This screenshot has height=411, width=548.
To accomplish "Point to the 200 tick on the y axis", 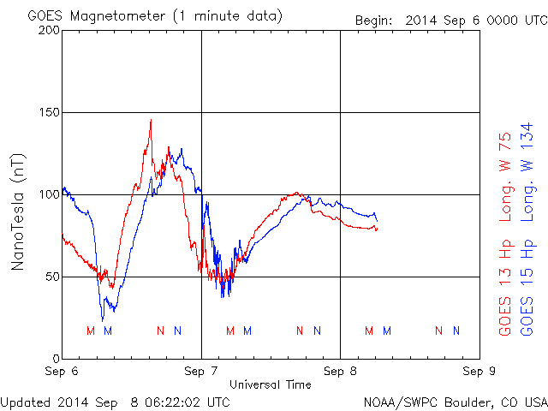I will [x=48, y=30].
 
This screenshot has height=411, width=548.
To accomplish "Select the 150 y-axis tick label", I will [x=48, y=112].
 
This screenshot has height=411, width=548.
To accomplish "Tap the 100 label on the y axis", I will [x=48, y=194].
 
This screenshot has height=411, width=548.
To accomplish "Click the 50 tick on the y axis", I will [x=51, y=277].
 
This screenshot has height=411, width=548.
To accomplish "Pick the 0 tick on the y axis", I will [x=55, y=358].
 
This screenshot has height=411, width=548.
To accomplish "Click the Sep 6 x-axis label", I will [x=63, y=372].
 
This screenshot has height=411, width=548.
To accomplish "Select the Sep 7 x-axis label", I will [x=201, y=372].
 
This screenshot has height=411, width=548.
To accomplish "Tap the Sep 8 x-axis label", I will [x=340, y=372].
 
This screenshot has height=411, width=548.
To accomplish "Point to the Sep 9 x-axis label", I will [x=479, y=372].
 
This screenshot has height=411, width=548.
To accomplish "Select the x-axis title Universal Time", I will [x=270, y=384].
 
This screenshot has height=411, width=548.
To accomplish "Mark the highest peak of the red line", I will [x=151, y=120].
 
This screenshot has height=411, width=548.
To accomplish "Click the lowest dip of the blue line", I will [x=103, y=320].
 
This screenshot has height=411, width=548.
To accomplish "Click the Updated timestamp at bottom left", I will [x=116, y=401].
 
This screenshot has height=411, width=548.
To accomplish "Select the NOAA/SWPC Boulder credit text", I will [x=455, y=401].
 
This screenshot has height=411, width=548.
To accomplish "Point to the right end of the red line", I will [x=376, y=229].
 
